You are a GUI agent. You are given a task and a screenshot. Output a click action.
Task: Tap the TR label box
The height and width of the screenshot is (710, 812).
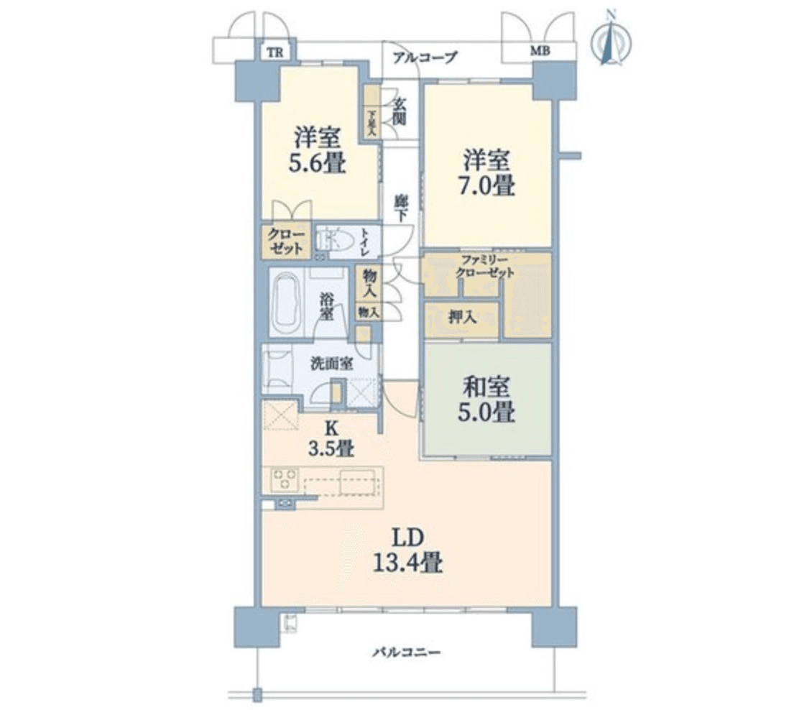273,52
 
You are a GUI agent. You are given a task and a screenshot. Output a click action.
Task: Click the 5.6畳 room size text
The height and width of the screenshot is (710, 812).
317,163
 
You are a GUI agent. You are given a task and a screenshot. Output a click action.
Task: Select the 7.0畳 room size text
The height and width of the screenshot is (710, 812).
487,185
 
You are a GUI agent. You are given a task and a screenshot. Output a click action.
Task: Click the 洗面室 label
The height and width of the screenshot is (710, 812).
331,363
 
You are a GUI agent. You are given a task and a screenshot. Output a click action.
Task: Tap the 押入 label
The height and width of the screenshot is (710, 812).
460,317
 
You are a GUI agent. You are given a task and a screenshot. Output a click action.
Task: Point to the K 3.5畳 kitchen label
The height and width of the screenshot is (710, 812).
331,438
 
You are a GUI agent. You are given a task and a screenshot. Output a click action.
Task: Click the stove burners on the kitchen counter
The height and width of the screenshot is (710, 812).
283,479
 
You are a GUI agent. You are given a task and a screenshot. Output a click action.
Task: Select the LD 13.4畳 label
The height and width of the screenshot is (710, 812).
406,550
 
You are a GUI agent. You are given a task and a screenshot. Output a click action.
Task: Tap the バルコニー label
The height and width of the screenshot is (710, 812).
407,653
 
